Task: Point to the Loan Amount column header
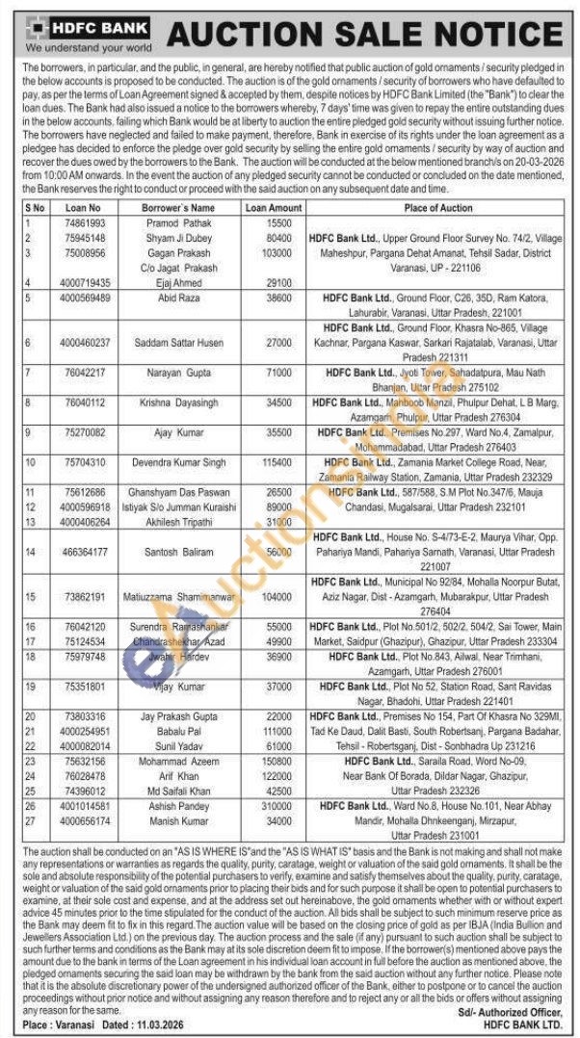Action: pos(273,208)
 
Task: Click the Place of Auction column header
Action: pos(437,208)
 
